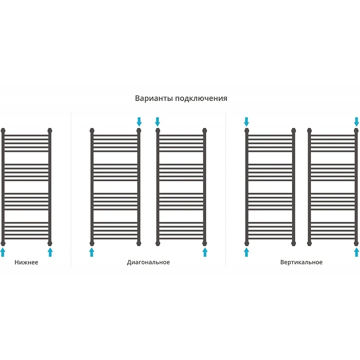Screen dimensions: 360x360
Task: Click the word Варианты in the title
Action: (x=154, y=98)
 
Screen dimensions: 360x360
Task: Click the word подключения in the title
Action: (x=201, y=99)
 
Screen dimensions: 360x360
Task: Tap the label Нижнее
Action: (x=27, y=262)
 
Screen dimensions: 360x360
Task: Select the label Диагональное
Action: (x=148, y=262)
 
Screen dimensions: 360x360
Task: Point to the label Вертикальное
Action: (x=301, y=262)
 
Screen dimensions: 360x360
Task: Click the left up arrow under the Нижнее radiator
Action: (x=3, y=252)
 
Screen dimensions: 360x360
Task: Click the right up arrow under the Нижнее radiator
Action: (x=50, y=252)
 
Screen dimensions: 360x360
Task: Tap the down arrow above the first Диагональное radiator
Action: (x=139, y=122)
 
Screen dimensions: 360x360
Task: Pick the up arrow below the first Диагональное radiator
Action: (x=92, y=252)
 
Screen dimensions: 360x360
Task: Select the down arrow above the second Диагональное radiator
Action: (x=157, y=122)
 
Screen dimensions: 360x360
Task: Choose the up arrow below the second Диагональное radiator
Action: (x=205, y=252)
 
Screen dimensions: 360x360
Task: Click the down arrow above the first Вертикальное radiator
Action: (x=246, y=122)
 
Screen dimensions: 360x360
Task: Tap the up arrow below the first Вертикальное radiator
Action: (x=246, y=252)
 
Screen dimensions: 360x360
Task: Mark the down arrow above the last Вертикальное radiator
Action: (x=356, y=122)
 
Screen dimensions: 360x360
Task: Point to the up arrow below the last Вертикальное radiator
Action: (x=356, y=252)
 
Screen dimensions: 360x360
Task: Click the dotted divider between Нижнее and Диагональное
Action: (x=71, y=189)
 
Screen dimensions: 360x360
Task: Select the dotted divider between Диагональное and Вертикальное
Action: (x=225, y=189)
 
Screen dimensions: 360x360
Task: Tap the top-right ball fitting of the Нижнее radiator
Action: (x=50, y=131)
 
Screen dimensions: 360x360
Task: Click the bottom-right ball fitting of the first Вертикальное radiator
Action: (x=293, y=243)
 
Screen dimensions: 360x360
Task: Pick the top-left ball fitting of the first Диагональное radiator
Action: (x=92, y=131)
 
